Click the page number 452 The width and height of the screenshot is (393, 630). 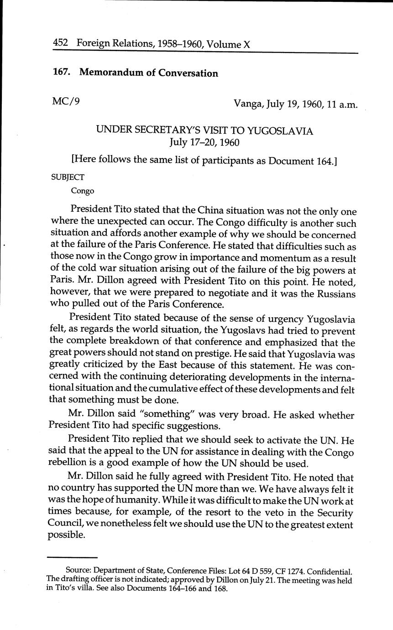(60, 43)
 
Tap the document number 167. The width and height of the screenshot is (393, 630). (63, 73)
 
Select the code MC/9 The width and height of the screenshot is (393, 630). (66, 101)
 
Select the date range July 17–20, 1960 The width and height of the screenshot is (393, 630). (204, 142)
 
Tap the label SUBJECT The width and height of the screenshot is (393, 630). (68, 177)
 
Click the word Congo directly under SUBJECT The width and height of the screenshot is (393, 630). (83, 191)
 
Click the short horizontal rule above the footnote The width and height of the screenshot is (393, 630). (73, 557)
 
